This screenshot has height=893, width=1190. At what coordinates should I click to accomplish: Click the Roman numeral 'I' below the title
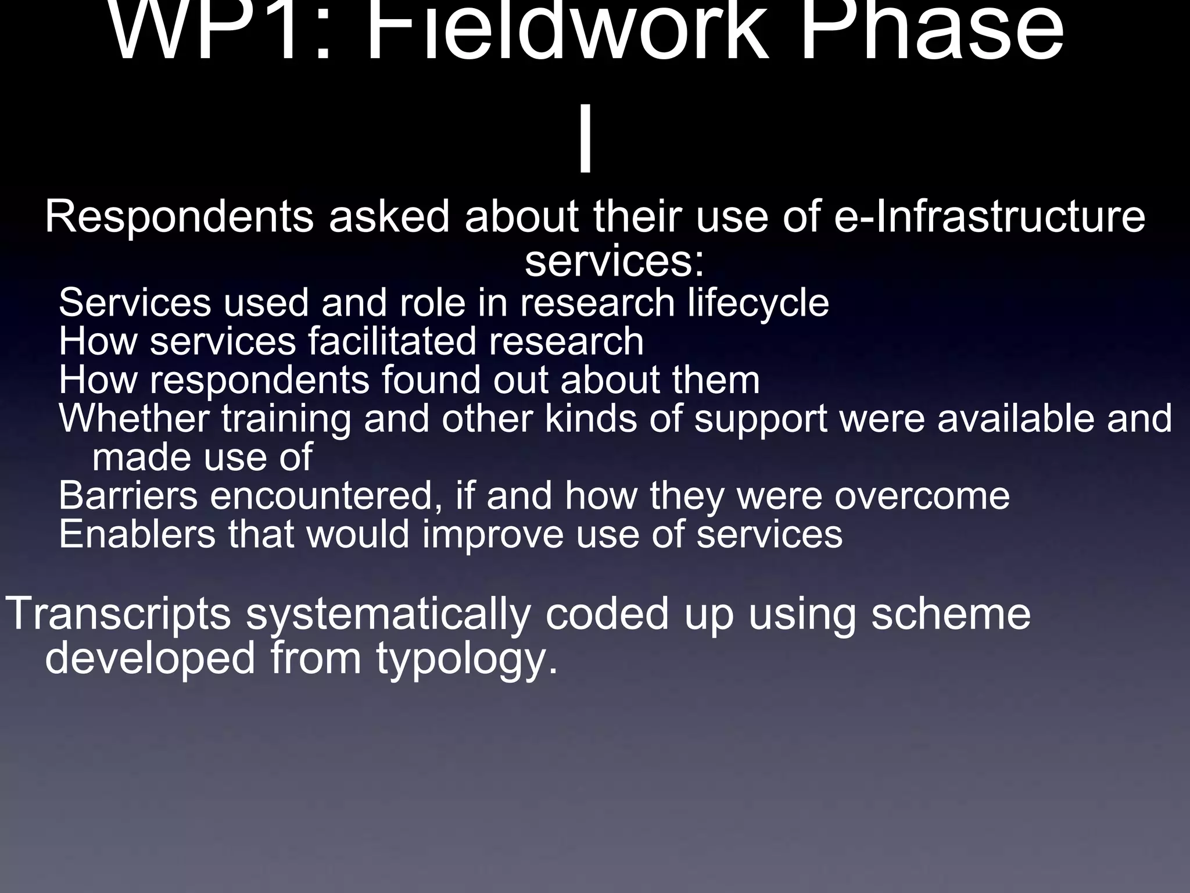click(x=586, y=145)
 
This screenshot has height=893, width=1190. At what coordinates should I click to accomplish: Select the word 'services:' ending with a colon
click(x=614, y=262)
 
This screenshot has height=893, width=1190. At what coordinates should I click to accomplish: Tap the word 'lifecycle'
click(x=758, y=304)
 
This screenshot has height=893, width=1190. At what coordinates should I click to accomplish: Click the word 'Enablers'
click(x=137, y=534)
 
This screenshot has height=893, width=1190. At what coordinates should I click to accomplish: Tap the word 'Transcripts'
click(x=119, y=615)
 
